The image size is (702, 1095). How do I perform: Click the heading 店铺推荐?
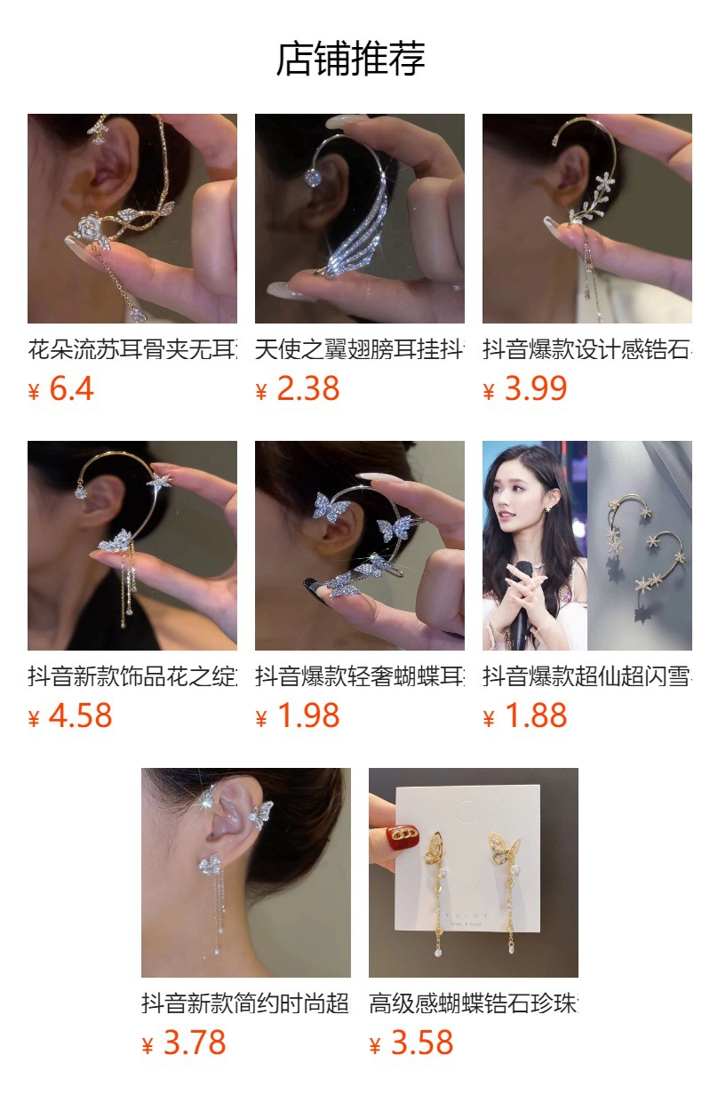(351, 60)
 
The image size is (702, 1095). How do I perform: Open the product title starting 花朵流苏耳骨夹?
(132, 349)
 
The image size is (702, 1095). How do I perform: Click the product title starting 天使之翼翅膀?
(360, 349)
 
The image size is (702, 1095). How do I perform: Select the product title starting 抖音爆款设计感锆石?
(587, 349)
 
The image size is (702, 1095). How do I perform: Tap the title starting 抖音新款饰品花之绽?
(132, 676)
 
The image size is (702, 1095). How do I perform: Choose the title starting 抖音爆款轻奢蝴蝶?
(360, 676)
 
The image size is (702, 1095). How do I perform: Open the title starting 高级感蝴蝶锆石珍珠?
(474, 1003)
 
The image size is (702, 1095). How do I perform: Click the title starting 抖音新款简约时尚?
(246, 1003)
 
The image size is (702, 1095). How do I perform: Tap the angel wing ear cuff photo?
(360, 219)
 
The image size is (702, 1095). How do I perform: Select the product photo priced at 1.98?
(360, 546)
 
